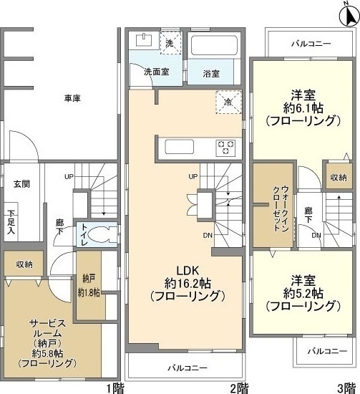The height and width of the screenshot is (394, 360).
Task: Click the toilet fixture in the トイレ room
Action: click(107, 234)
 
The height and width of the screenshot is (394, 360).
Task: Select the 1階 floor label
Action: click(115, 388)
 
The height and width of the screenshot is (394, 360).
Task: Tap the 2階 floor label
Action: click(239, 388)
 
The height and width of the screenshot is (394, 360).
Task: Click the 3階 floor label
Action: click(347, 388)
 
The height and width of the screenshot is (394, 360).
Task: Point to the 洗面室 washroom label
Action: click(155, 72)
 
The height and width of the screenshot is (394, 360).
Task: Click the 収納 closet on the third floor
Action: click(338, 176)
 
